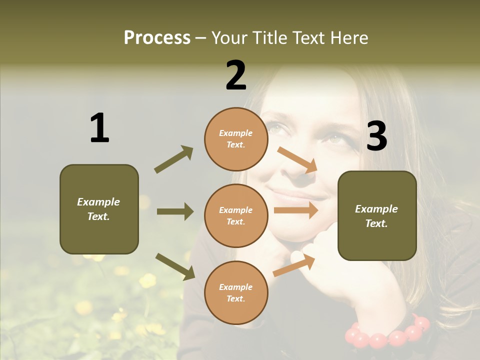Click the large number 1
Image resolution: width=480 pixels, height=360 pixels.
(99, 128)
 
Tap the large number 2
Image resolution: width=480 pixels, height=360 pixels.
(236, 76)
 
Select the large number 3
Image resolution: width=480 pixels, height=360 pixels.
(376, 136)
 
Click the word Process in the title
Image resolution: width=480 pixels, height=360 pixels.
(157, 37)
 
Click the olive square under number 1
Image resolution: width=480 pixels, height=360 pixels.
(99, 209)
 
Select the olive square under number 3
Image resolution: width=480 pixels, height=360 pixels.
(377, 215)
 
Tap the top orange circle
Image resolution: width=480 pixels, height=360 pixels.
(236, 139)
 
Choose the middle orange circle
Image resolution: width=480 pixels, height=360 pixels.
(236, 215)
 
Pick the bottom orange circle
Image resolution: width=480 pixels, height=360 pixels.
(236, 292)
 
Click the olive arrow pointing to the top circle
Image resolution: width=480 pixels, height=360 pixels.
(173, 159)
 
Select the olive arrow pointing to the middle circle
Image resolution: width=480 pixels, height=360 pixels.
(175, 211)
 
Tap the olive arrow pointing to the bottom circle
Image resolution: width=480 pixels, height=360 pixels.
(175, 266)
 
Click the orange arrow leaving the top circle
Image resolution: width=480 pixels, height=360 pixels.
(297, 159)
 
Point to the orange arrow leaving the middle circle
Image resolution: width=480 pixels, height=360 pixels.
(296, 210)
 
